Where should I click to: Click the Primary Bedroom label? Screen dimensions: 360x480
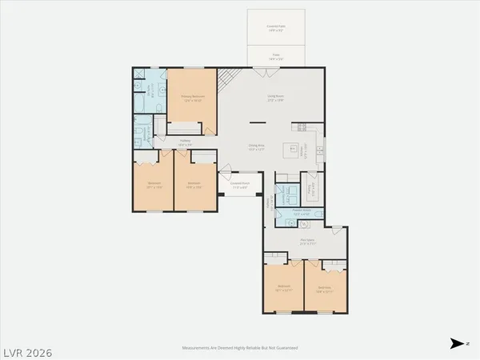point(192,98)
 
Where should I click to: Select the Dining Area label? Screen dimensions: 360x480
point(256,148)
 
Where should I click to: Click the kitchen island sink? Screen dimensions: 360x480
point(319,148)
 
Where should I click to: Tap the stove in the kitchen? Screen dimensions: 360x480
point(302,126)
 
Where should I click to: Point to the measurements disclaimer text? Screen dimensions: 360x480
point(239,349)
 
